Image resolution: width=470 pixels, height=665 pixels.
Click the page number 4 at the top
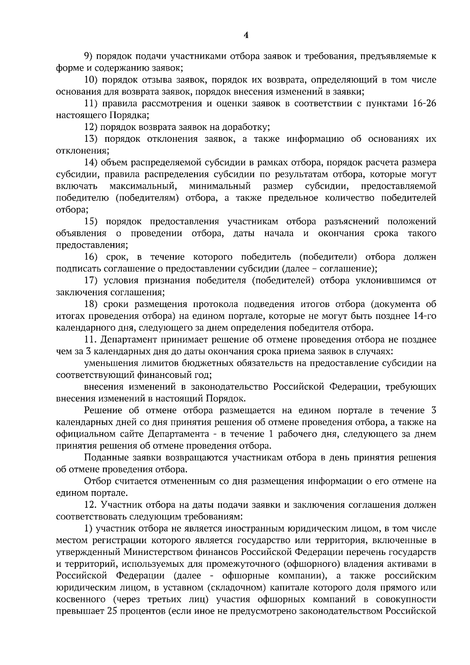point(246,35)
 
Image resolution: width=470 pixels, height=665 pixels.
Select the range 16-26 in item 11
point(425,103)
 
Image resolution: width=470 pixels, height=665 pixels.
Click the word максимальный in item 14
point(144,186)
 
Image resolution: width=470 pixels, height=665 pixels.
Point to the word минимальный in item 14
point(220,186)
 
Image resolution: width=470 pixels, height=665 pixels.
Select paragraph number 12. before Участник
point(91,505)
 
